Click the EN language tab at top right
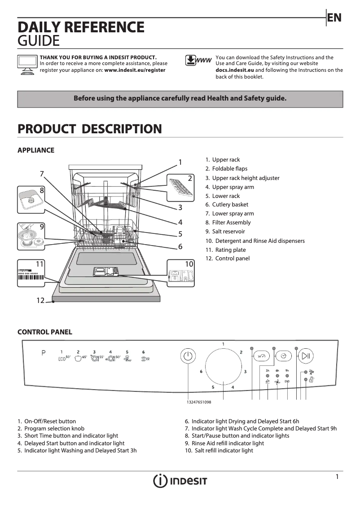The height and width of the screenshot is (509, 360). click(334, 18)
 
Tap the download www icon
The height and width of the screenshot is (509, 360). click(198, 61)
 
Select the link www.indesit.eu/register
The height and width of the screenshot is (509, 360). click(135, 70)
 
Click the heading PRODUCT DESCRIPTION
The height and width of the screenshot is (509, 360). click(89, 129)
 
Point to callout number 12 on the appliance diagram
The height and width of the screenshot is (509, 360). click(40, 301)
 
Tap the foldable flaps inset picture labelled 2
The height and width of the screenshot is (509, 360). click(181, 188)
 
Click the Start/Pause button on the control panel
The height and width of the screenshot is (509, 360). click(306, 356)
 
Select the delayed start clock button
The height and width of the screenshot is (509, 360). click(283, 356)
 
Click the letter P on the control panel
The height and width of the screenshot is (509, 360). click(44, 353)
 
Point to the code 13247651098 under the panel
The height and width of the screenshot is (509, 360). click(199, 402)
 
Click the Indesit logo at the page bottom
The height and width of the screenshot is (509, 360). click(180, 481)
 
